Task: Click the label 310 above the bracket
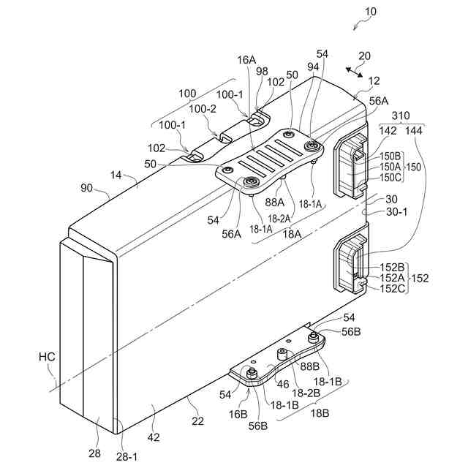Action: point(401,116)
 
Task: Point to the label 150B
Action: point(390,156)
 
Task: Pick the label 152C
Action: point(392,289)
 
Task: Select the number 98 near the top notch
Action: point(262,90)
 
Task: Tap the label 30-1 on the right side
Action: point(396,212)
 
